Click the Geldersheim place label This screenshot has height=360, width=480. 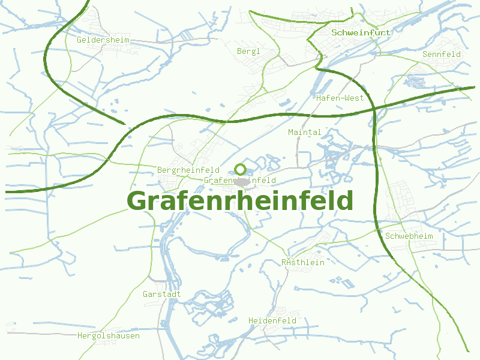[x=103, y=40]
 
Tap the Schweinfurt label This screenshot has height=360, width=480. [x=361, y=32]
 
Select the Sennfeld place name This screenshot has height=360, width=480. [x=442, y=54]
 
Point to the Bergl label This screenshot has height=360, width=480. [x=249, y=52]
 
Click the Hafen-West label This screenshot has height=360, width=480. [x=340, y=98]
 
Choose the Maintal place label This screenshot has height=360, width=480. [x=305, y=132]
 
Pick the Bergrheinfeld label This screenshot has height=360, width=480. [x=188, y=170]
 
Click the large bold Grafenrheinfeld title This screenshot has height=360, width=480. [x=240, y=201]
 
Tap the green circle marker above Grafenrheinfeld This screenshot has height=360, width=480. [x=241, y=169]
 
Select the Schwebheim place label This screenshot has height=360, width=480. [x=409, y=236]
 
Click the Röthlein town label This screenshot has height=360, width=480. [x=303, y=262]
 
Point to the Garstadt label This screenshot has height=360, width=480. [x=162, y=295]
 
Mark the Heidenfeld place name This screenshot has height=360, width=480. [x=272, y=321]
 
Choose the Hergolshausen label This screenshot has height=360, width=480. [x=109, y=336]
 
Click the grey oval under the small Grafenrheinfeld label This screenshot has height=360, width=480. [x=242, y=182]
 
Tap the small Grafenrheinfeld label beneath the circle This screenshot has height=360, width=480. [x=240, y=180]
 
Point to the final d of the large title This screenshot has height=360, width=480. [x=344, y=200]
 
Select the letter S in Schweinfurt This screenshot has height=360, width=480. [x=334, y=32]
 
